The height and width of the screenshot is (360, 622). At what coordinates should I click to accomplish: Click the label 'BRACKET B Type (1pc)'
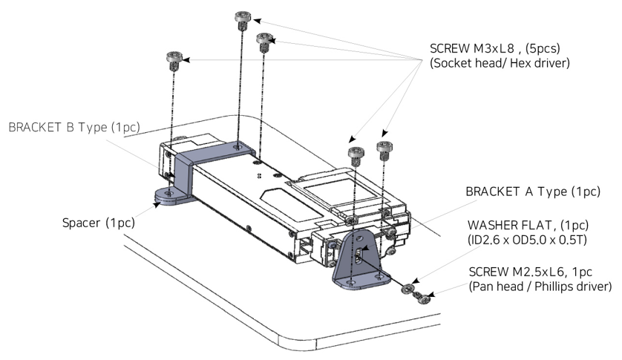[74, 127]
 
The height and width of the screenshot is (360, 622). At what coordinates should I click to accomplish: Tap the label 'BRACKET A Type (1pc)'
[532, 192]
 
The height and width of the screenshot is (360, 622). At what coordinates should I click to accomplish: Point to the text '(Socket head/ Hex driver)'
[500, 64]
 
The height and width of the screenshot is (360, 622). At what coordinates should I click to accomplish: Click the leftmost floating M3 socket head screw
[174, 59]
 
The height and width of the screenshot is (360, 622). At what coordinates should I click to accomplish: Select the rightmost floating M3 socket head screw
[384, 149]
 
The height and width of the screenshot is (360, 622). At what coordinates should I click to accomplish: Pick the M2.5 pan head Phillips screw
[422, 297]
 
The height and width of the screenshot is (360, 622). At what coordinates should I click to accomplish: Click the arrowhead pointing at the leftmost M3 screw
[187, 59]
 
